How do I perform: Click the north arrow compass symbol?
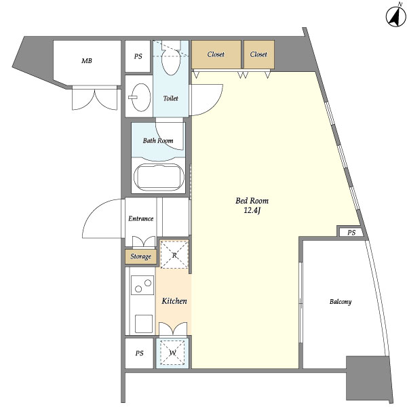coord(395,16)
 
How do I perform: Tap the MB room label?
coord(87,61)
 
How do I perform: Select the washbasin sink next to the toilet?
coord(140,97)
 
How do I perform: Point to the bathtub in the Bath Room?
coord(159,177)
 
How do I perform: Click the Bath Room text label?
coord(158,140)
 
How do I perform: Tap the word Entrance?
coord(140,218)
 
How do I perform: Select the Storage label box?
coord(140,256)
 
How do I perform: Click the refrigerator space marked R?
coord(174,254)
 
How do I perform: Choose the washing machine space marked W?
coord(172,353)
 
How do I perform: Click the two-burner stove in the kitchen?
coord(142,285)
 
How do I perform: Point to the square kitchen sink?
coord(144,324)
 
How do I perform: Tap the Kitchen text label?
coord(174,301)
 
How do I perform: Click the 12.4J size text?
coord(252,210)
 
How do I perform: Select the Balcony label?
coord(341,302)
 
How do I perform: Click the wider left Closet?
coord(216,54)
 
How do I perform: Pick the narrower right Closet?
coord(259,54)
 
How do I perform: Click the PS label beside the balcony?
coord(351,232)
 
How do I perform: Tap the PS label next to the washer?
coord(139,353)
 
